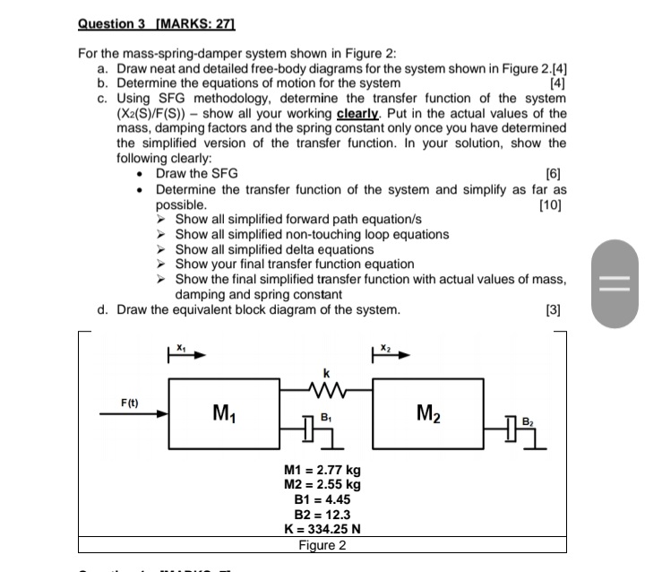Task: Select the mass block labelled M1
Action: [224, 414]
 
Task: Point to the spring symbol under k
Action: [328, 387]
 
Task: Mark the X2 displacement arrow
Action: [391, 354]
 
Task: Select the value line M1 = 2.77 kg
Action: [322, 470]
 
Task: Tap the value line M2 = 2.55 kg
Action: [322, 484]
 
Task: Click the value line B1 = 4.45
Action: [322, 499]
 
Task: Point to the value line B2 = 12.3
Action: [322, 515]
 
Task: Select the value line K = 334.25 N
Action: [322, 529]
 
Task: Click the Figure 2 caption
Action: [322, 545]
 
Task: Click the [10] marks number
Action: [553, 204]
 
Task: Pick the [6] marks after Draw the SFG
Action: [555, 174]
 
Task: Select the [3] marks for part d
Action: [555, 310]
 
